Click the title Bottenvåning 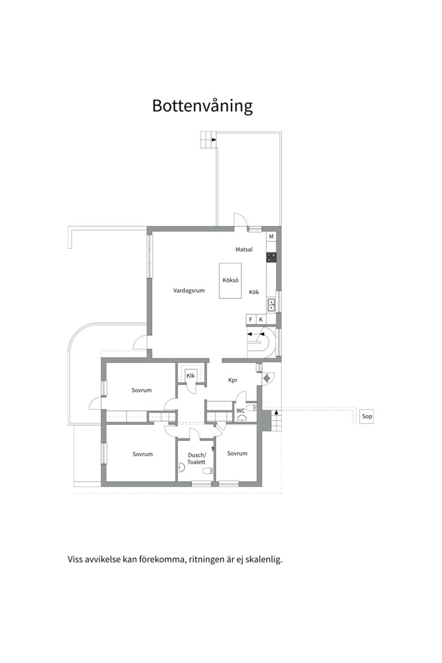[x=202, y=106]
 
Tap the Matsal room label [x=244, y=249]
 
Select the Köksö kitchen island [x=230, y=281]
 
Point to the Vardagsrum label [x=188, y=290]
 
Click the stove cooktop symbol [x=271, y=257]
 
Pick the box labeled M [x=271, y=236]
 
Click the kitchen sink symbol [x=271, y=305]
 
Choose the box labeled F [x=251, y=320]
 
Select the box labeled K [x=261, y=320]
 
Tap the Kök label [x=254, y=292]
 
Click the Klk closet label [x=191, y=376]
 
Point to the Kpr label [x=233, y=380]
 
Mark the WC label [x=241, y=411]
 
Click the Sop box [x=366, y=416]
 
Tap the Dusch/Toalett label [x=196, y=459]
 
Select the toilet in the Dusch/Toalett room [x=207, y=471]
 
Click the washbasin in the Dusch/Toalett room [x=182, y=467]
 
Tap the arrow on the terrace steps [x=214, y=139]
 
